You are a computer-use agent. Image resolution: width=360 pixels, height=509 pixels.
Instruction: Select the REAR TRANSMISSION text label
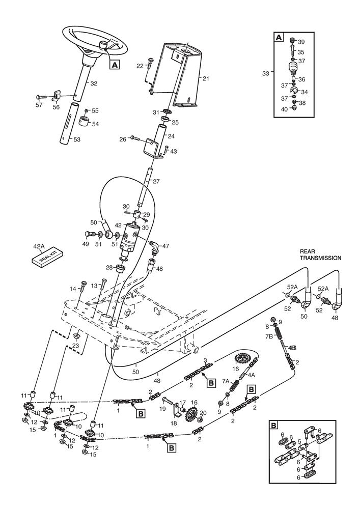click(x=320, y=255)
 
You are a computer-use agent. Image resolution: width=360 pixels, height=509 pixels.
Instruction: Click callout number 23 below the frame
click(x=75, y=346)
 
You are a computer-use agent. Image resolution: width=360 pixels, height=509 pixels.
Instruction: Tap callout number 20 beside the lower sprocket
click(x=203, y=413)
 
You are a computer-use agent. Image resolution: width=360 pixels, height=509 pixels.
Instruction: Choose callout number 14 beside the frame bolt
click(x=73, y=289)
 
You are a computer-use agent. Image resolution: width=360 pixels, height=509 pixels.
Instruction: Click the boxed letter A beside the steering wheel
click(x=115, y=65)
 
